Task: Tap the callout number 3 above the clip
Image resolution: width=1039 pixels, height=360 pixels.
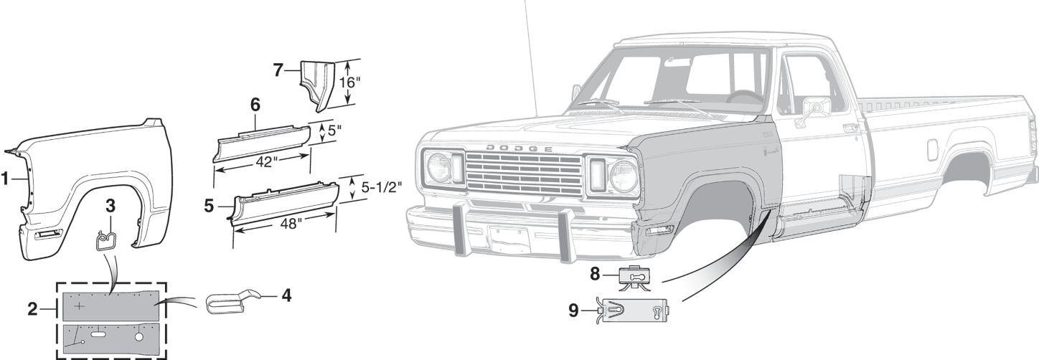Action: (x=110, y=204)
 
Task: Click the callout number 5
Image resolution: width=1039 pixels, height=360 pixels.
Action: (x=209, y=206)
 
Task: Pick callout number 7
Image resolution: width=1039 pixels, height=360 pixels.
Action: (x=278, y=70)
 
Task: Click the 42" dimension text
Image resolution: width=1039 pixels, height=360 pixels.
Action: (x=263, y=161)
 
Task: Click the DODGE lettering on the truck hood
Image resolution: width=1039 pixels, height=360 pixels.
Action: (x=519, y=148)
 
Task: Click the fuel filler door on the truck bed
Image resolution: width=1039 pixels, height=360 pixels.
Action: (x=931, y=149)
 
